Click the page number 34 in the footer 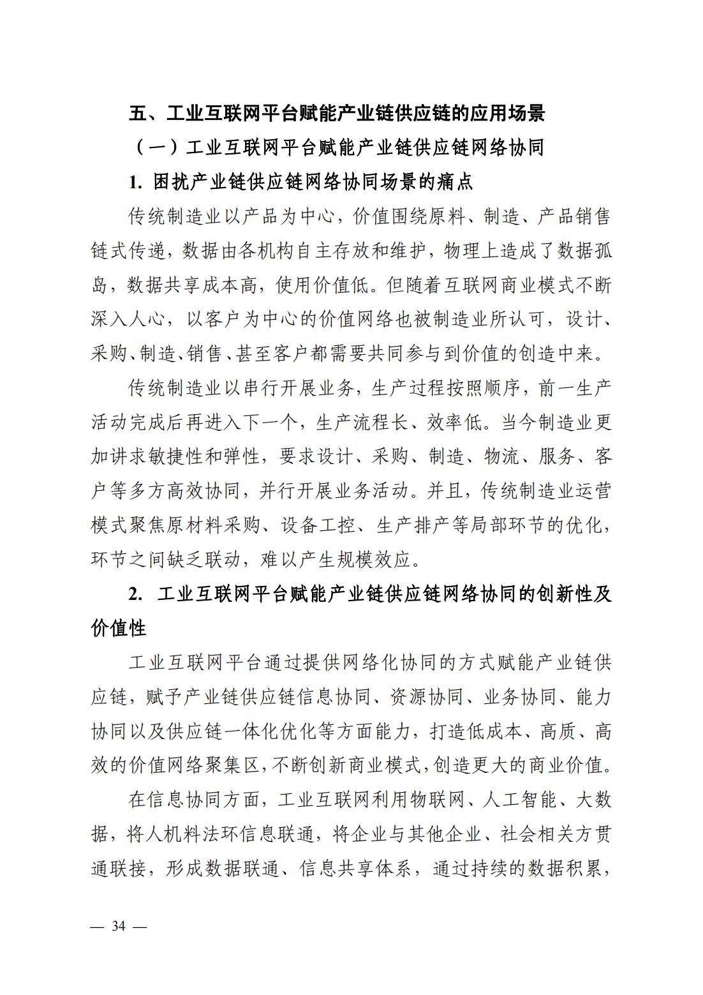point(119,927)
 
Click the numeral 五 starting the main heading point(138,114)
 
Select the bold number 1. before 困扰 point(135,183)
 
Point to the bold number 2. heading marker point(135,594)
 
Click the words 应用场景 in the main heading point(508,114)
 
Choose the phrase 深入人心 point(128,319)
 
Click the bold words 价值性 point(119,628)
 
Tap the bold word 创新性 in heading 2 point(556,594)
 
